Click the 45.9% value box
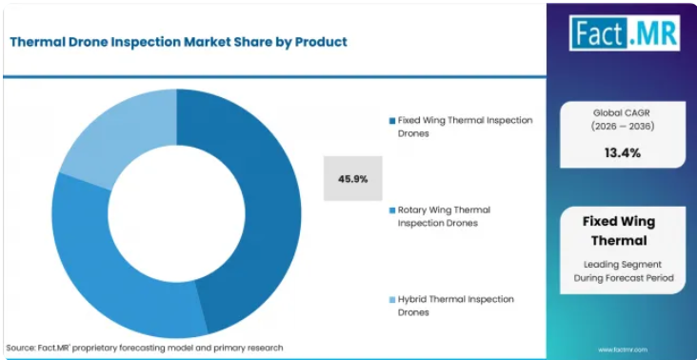coord(353,179)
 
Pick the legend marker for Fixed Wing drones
coord(392,121)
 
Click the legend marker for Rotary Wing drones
coord(392,210)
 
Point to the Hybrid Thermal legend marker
coord(392,300)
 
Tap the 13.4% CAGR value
coord(623,153)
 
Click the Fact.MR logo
coord(625,33)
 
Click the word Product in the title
coord(322,42)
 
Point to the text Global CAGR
coord(623,113)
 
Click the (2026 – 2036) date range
coord(623,127)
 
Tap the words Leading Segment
coord(623,265)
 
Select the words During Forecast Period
coord(624,278)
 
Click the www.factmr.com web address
coord(623,350)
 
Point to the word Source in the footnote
coord(20,348)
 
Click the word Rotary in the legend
coord(413,210)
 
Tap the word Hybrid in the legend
coord(411,300)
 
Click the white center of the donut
coord(176,213)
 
